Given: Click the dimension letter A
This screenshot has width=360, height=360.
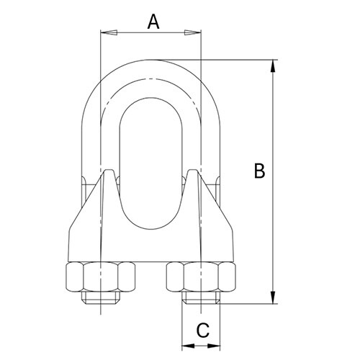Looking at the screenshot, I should (x=153, y=22).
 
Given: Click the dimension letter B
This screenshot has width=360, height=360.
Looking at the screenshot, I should (x=260, y=171).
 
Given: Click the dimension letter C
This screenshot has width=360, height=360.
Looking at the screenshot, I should (x=203, y=330).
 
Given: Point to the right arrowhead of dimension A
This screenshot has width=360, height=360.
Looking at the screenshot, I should (x=196, y=32).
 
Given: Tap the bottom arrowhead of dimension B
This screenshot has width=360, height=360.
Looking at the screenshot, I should (x=273, y=298).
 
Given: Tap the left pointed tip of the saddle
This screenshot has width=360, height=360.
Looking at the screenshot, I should (x=109, y=173).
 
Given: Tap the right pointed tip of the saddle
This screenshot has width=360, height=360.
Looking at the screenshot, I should (x=192, y=173).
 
